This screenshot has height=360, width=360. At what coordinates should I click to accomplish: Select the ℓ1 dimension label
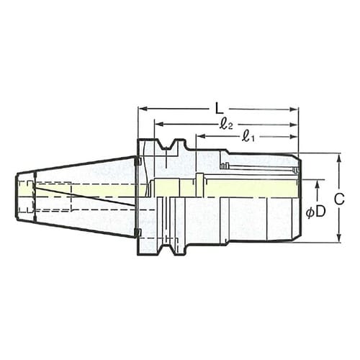247,136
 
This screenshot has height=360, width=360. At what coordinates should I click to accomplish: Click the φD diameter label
315,213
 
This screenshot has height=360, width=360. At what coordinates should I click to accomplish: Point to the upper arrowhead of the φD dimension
317,183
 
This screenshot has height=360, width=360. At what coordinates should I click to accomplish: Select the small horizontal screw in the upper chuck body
225,166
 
